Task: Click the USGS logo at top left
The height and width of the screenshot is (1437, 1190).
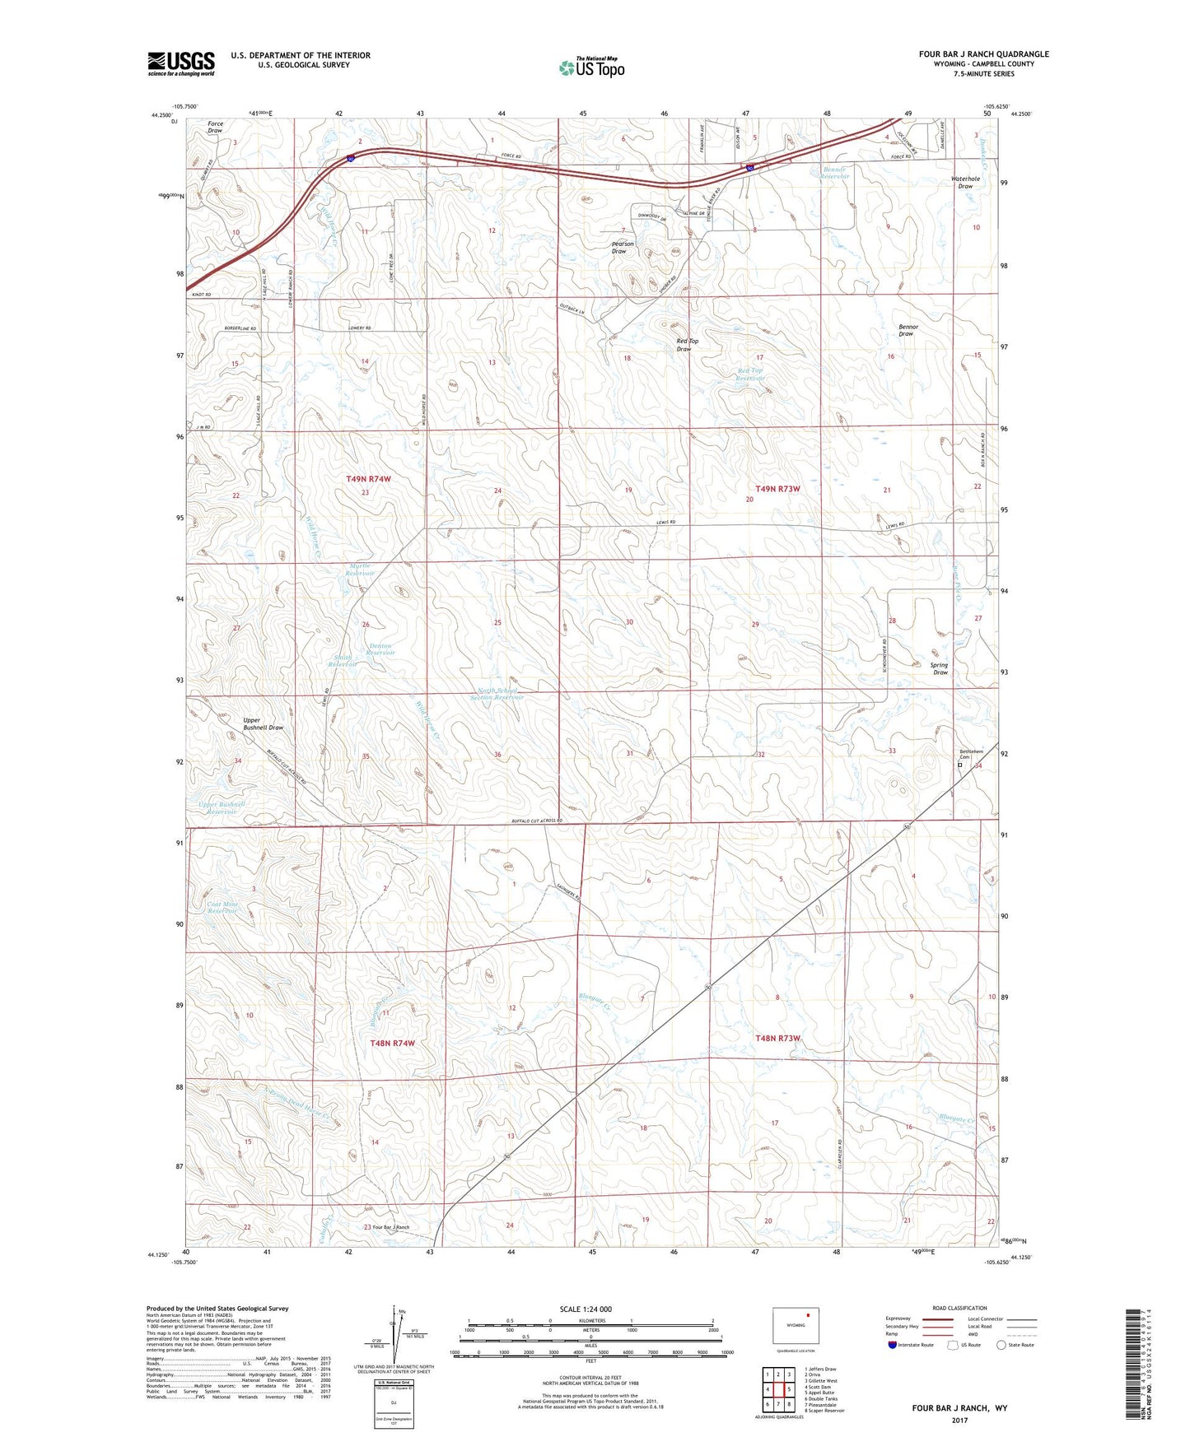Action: pyautogui.click(x=181, y=63)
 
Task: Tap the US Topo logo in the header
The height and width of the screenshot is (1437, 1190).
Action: pyautogui.click(x=591, y=67)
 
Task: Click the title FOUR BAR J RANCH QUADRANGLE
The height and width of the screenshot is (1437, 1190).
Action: pyautogui.click(x=984, y=54)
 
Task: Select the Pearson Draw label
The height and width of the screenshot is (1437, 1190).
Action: pyautogui.click(x=623, y=247)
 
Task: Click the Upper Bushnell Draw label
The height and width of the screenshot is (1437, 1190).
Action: pyautogui.click(x=263, y=724)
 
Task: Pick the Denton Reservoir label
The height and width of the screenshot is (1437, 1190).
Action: pyautogui.click(x=380, y=649)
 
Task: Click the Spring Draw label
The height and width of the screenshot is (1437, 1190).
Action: pyautogui.click(x=939, y=668)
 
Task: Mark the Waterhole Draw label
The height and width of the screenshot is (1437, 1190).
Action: pyautogui.click(x=965, y=182)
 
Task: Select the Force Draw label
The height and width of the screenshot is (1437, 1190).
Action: pyautogui.click(x=215, y=127)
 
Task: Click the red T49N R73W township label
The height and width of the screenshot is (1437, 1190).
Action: pyautogui.click(x=777, y=489)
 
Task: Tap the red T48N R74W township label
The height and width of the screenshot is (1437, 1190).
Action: pyautogui.click(x=392, y=1043)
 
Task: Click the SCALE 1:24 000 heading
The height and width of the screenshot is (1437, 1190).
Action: pyautogui.click(x=586, y=1309)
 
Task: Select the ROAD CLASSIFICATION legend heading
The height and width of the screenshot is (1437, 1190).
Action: pyautogui.click(x=959, y=1308)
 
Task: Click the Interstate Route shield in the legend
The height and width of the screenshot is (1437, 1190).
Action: pyautogui.click(x=892, y=1345)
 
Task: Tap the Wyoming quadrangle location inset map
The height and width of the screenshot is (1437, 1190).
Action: pyautogui.click(x=795, y=1324)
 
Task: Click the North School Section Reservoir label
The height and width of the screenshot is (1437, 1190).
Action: pyautogui.click(x=507, y=694)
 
